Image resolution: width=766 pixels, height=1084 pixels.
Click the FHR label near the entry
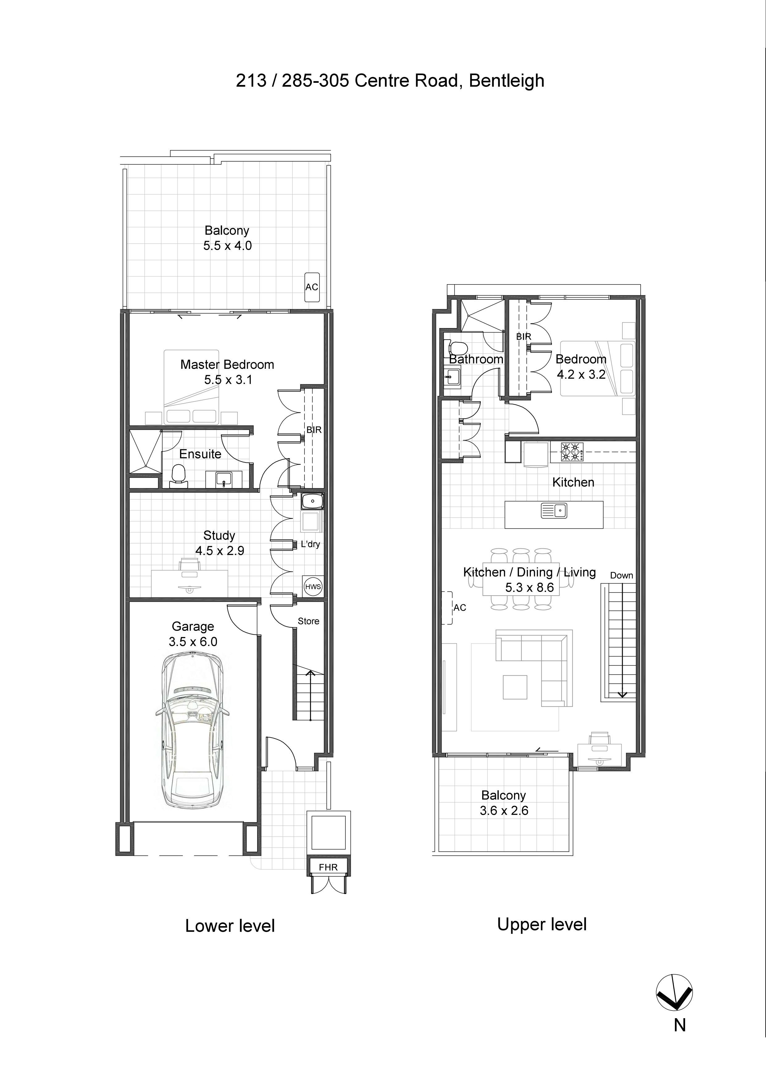(328, 867)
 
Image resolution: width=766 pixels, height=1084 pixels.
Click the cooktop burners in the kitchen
(571, 452)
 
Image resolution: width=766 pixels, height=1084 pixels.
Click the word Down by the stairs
(621, 576)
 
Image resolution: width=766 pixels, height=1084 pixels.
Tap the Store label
(308, 621)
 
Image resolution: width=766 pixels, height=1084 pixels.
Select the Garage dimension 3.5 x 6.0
(193, 642)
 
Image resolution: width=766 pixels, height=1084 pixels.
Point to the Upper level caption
(542, 924)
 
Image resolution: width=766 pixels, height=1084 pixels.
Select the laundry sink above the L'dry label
(312, 501)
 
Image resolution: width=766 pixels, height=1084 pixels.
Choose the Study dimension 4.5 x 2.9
(220, 550)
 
